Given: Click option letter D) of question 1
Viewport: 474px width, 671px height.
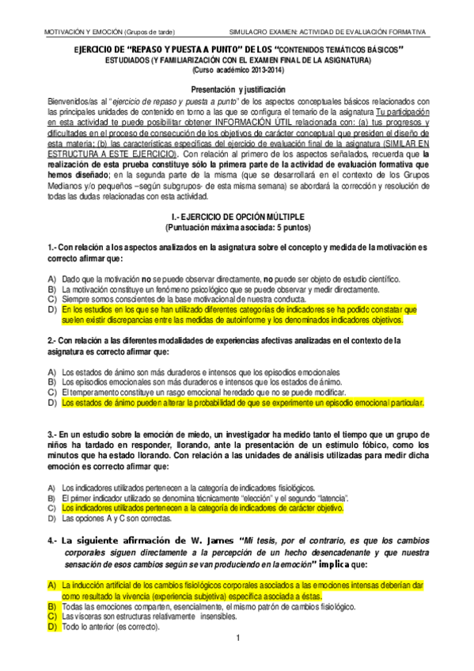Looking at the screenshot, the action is coord(51,310).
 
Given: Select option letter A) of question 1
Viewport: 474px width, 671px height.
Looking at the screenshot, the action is coord(51,279).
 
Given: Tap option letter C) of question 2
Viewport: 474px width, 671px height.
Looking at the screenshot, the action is coord(51,392).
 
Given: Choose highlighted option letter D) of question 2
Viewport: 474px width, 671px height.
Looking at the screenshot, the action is coord(51,403).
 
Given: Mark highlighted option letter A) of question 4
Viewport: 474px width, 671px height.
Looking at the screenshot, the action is coord(51,584).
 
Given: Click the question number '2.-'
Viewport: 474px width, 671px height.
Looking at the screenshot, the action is coord(53,340).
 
